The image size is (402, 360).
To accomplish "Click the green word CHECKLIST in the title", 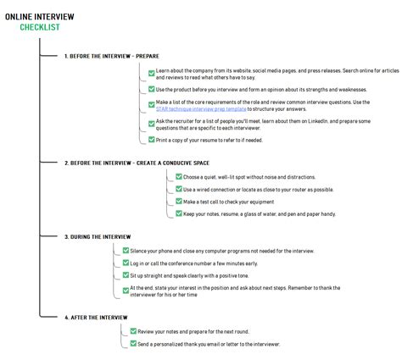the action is click(39, 27).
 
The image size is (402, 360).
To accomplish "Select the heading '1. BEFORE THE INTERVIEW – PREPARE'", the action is click(110, 56).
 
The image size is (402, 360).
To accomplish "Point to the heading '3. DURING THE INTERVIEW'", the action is click(98, 236).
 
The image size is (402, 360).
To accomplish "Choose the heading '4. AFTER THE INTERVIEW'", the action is click(96, 316).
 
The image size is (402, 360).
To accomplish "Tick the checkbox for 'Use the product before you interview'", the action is click(150, 89).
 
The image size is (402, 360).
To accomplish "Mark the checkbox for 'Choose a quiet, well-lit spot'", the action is click(179, 176).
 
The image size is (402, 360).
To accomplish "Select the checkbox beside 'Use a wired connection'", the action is click(179, 189).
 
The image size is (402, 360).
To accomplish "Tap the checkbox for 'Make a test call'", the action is click(179, 202).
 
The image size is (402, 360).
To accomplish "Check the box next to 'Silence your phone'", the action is click(126, 251).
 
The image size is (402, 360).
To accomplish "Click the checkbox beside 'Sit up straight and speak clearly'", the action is click(126, 275).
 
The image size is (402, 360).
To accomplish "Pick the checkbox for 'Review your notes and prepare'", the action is click(132, 331).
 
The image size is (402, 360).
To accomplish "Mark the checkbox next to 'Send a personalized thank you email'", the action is click(132, 344).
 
